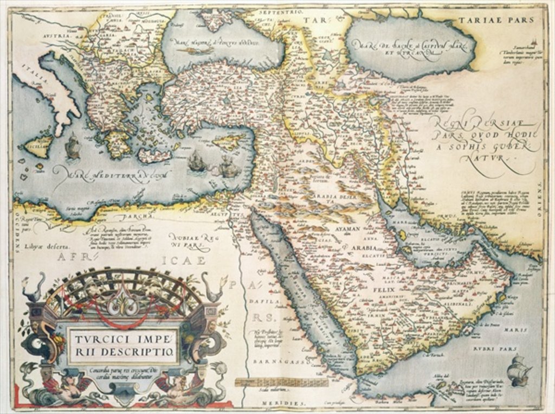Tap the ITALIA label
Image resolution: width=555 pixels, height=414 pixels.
click(34, 74)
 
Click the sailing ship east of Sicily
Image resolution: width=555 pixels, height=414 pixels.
click(73, 147)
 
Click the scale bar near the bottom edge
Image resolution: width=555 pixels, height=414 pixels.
click(281, 382)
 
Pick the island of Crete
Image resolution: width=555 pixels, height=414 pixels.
click(154, 156)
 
